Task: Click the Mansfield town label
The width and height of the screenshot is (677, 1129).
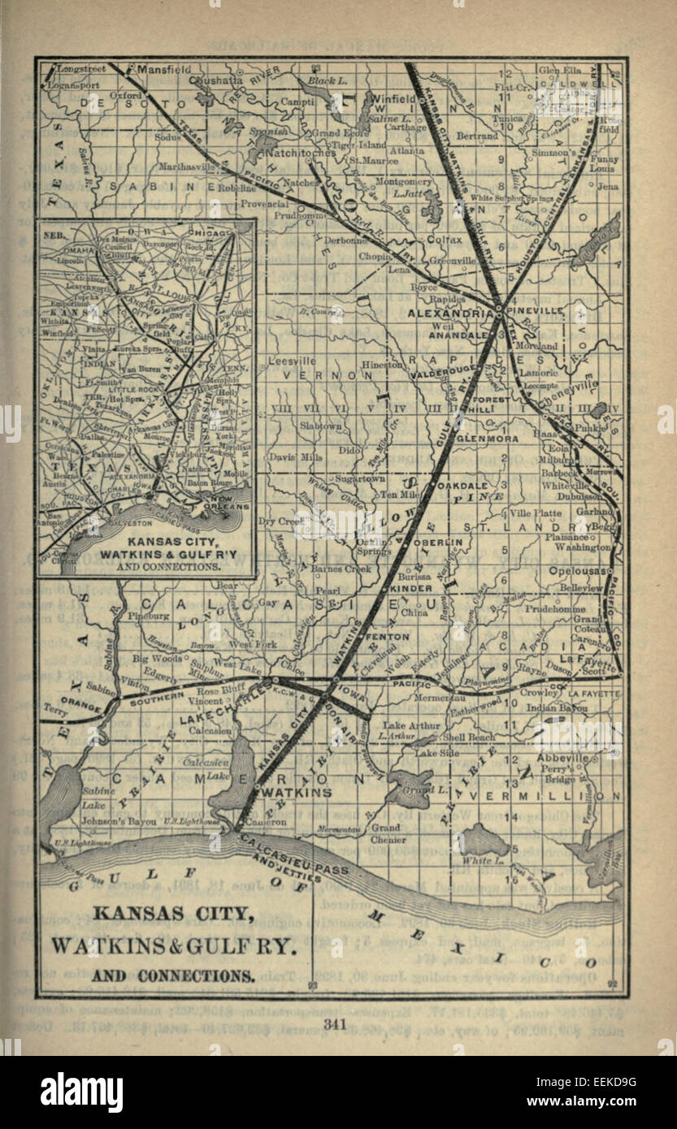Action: tap(163, 70)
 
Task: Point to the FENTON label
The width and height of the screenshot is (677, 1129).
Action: tap(388, 637)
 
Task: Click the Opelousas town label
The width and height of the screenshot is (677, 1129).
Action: tap(588, 570)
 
